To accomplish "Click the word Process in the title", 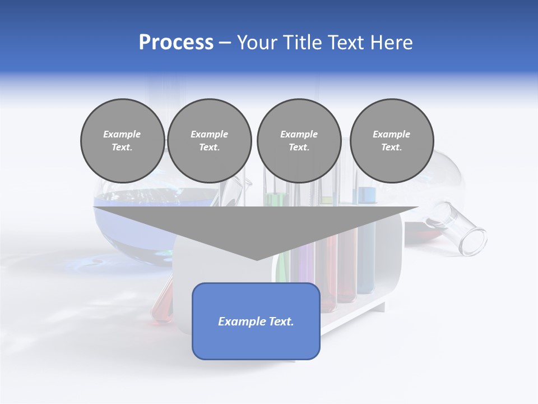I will (x=176, y=43).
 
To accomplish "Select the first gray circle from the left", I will (x=123, y=141).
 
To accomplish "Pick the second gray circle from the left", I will (x=210, y=141).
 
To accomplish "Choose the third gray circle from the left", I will (x=299, y=141).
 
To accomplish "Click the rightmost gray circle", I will (x=392, y=141).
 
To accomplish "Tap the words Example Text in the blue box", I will (x=256, y=322).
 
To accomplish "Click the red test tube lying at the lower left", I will (x=163, y=303).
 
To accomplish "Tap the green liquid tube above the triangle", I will (x=275, y=199).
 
